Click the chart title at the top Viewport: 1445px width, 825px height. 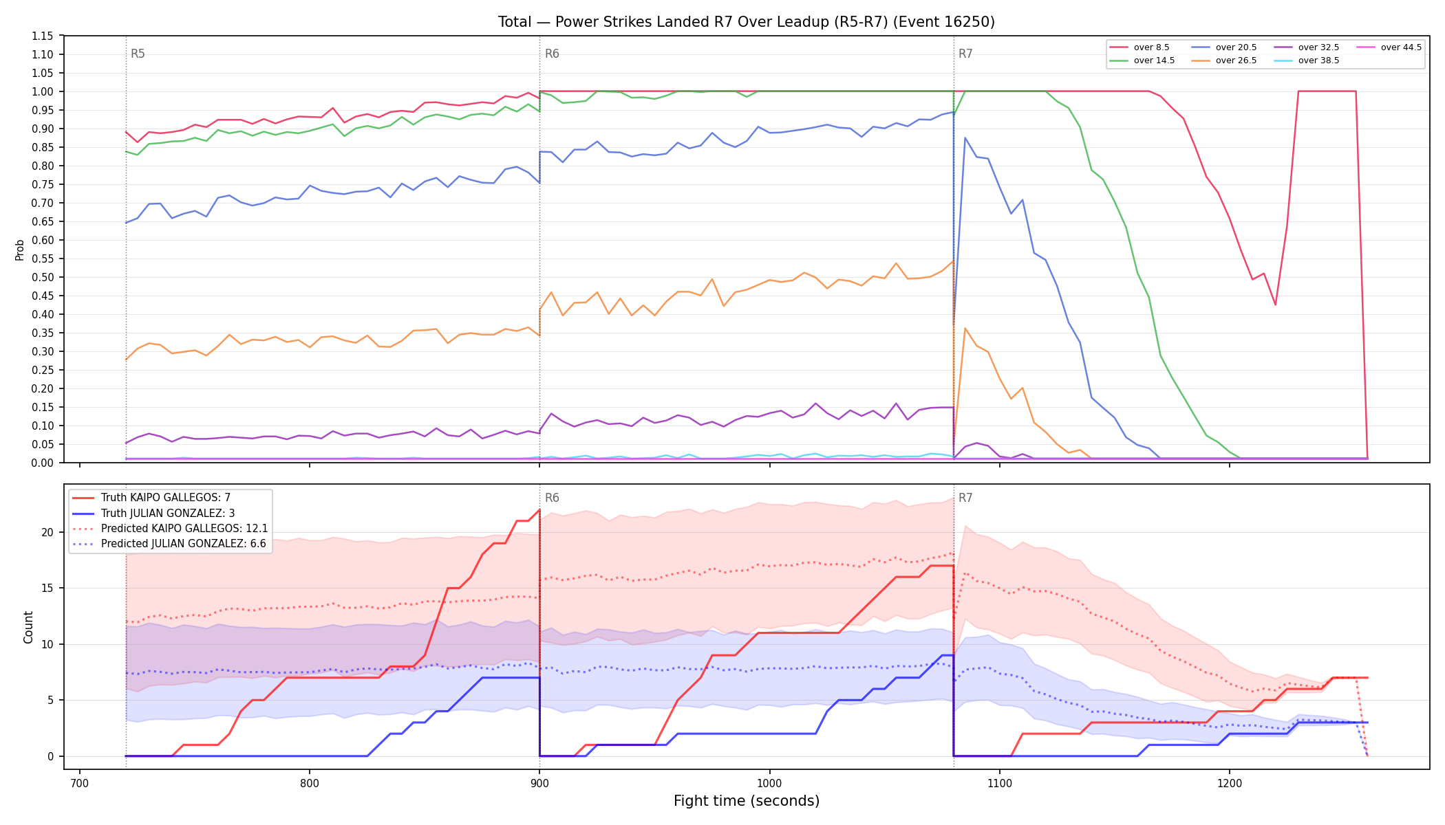(747, 22)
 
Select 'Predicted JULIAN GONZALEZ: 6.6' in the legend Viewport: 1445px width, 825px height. (169, 544)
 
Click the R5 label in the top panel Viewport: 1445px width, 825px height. (138, 54)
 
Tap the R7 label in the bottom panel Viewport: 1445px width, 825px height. (965, 498)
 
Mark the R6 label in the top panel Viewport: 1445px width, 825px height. (552, 54)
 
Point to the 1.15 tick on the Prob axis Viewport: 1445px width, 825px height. (43, 36)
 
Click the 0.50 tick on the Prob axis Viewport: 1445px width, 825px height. (43, 277)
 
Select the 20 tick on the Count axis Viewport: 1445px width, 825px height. (47, 532)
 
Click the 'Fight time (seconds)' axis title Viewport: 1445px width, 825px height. (747, 801)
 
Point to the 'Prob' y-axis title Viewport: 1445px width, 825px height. (20, 250)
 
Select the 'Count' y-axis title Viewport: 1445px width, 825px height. (28, 627)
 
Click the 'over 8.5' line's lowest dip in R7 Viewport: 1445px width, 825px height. (1275, 305)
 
